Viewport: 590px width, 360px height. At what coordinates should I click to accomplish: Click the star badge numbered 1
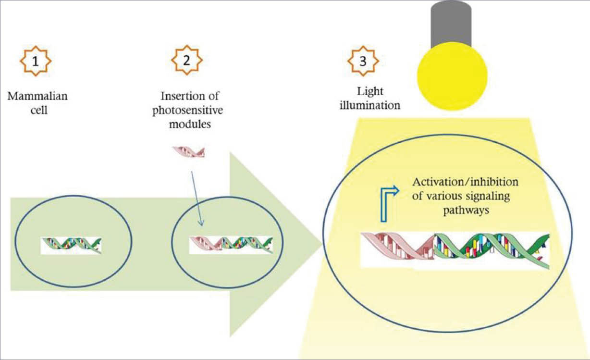(x=35, y=61)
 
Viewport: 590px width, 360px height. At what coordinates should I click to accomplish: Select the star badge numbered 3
(x=364, y=61)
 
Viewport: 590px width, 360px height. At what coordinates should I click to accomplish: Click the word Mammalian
(x=37, y=96)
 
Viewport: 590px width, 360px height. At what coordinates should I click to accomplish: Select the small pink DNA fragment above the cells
(x=189, y=152)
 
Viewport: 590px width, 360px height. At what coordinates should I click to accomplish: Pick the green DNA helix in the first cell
(x=72, y=245)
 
